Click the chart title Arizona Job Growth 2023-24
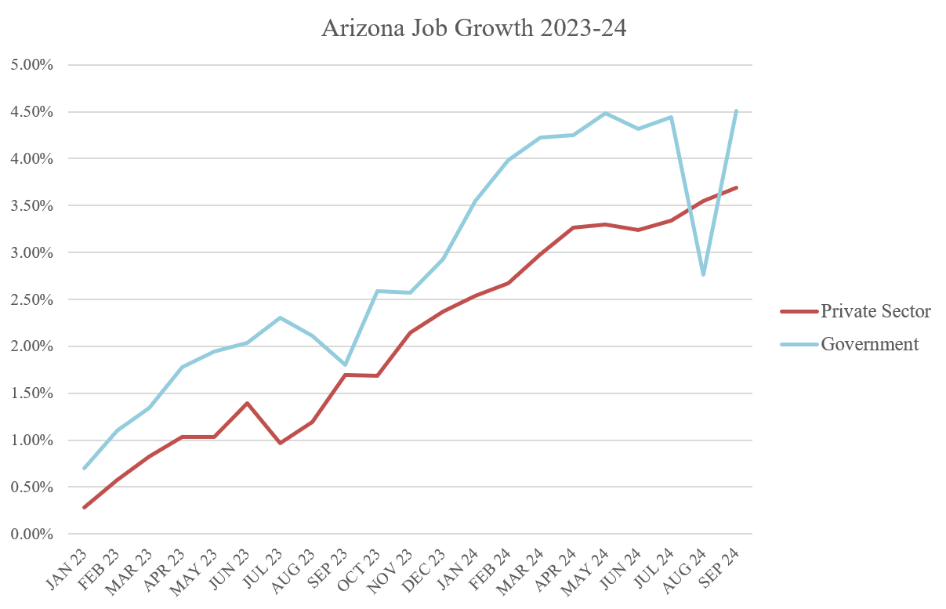click(473, 28)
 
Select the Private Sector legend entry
click(875, 311)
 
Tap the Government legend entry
click(869, 344)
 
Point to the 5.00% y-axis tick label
click(31, 65)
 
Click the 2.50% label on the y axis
click(31, 299)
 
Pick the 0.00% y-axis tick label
click(31, 535)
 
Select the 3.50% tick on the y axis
click(31, 206)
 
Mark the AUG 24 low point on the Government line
click(704, 274)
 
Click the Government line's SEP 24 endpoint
click(736, 111)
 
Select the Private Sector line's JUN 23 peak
click(247, 404)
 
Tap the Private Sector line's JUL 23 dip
click(280, 443)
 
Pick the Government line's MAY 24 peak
click(606, 114)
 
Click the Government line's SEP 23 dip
click(345, 364)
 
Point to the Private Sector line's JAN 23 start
click(84, 507)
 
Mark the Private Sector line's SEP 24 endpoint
click(736, 188)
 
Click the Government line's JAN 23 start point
click(84, 468)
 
